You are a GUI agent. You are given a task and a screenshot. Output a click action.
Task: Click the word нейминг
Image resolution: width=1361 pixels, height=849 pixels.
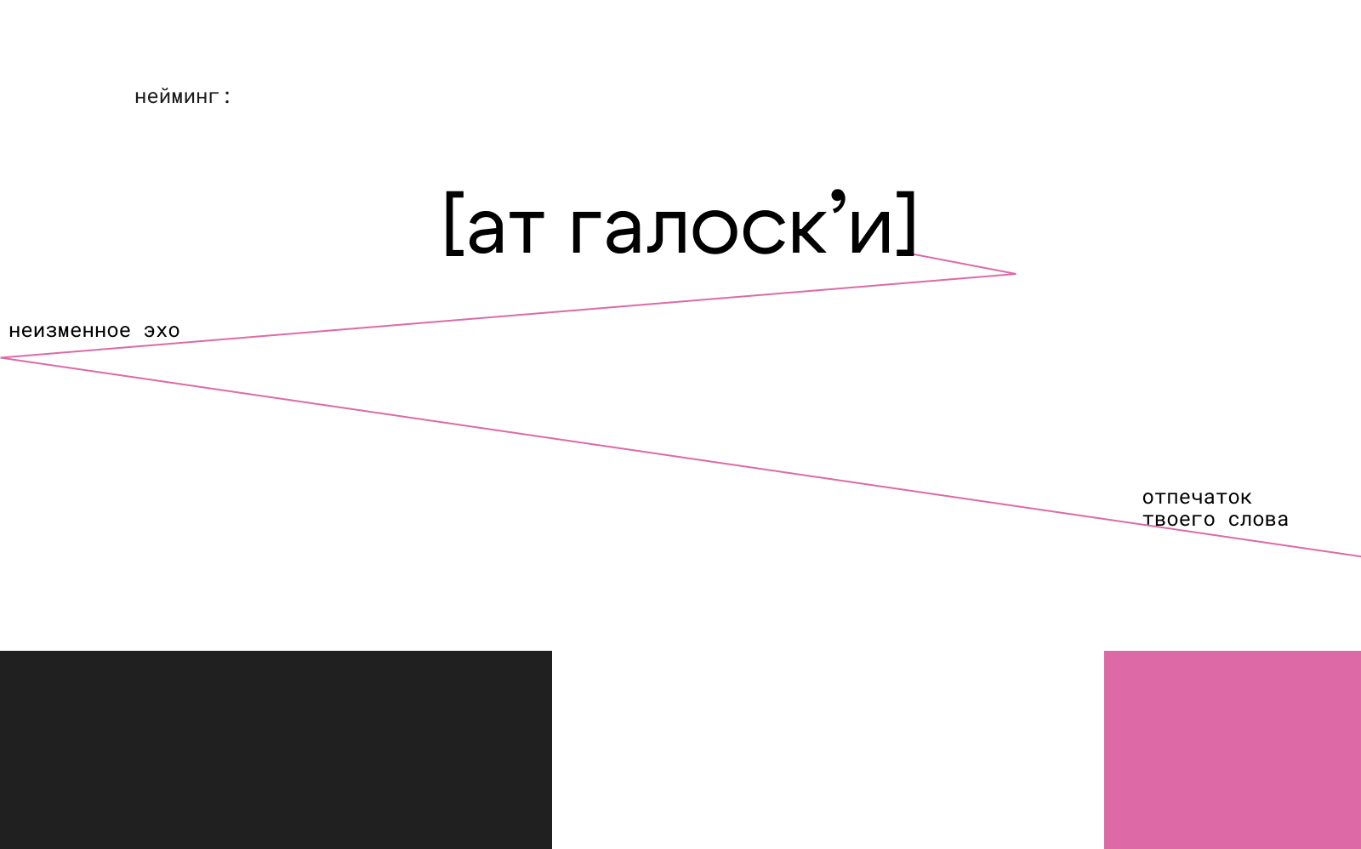176,97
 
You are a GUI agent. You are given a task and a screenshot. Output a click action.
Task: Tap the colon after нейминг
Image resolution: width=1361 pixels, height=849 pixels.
227,97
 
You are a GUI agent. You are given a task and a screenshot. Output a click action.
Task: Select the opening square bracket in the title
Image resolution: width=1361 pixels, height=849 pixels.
452,223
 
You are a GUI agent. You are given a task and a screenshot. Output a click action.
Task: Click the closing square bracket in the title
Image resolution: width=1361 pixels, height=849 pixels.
908,223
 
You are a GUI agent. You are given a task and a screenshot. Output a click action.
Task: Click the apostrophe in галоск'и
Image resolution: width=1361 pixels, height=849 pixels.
839,201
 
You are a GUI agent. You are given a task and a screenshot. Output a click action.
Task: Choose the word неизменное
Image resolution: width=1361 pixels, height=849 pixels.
70,331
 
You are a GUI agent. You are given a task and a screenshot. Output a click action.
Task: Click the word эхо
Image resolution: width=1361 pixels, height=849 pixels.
162,331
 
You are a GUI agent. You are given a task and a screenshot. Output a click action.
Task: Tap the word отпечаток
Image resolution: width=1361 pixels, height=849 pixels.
1197,498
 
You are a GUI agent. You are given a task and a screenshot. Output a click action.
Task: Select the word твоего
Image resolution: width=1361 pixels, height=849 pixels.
1178,520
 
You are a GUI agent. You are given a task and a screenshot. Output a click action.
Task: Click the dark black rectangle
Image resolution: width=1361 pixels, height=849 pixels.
276,749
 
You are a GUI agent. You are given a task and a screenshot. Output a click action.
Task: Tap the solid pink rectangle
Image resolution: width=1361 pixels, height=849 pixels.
1233,749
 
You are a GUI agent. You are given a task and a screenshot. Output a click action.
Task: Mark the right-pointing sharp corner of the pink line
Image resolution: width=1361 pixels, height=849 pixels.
1015,274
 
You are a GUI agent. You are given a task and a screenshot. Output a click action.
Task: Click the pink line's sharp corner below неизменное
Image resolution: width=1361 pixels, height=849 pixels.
3,358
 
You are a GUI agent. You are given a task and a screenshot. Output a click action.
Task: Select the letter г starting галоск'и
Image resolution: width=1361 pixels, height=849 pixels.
586,231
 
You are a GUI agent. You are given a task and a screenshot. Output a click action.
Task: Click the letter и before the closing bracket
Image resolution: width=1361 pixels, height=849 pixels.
870,231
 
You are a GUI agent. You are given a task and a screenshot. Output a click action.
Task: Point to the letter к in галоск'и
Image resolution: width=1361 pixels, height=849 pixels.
807,231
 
